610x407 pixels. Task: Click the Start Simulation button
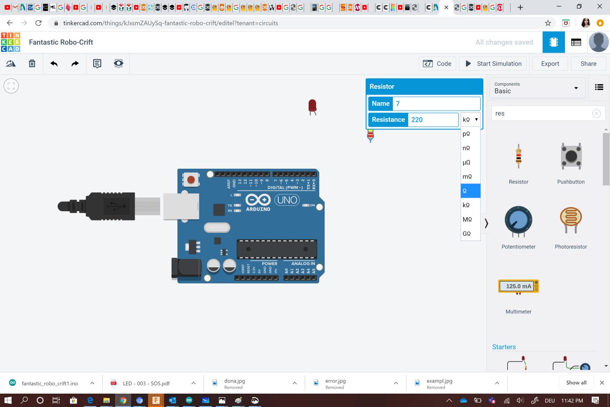(493, 64)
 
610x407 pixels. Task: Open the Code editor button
(437, 64)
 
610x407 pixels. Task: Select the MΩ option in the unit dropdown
(467, 220)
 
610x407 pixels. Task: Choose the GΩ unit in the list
(467, 234)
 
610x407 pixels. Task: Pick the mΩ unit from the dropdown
(467, 177)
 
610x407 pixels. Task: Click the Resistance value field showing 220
(433, 120)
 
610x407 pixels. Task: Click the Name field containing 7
(436, 104)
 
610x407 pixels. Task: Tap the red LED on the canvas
(312, 106)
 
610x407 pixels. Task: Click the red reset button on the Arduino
(191, 180)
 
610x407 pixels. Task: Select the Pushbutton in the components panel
(571, 158)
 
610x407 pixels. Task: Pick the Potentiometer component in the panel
(518, 221)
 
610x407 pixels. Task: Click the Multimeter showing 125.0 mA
(518, 287)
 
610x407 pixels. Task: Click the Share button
(588, 64)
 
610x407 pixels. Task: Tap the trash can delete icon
(32, 64)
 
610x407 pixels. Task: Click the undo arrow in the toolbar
(54, 64)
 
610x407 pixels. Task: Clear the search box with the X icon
(596, 114)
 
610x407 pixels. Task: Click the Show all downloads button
(576, 383)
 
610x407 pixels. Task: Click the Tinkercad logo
(11, 42)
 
